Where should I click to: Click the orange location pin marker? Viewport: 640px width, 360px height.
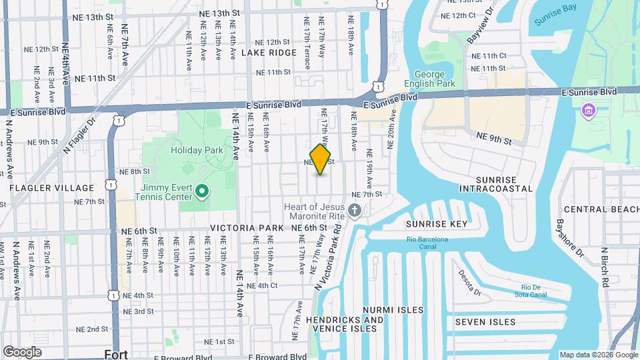click(x=320, y=159)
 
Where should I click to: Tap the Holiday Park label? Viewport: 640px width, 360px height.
click(x=197, y=151)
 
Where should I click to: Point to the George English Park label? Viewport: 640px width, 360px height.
click(x=434, y=79)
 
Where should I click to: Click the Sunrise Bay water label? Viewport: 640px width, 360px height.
click(x=555, y=21)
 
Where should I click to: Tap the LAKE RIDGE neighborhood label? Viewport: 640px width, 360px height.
click(x=269, y=52)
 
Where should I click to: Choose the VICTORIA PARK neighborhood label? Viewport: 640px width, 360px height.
click(x=247, y=228)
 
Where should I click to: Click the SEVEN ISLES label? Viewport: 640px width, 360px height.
click(x=485, y=322)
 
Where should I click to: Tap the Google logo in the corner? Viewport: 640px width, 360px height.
click(x=22, y=351)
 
